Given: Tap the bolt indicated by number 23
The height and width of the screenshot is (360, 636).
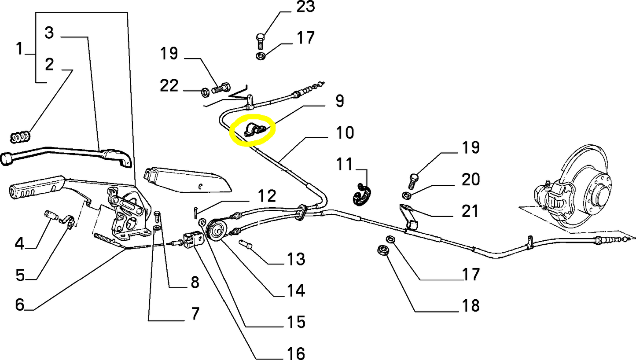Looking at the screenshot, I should click(x=260, y=43).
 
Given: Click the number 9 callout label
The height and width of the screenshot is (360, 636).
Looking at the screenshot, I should click(x=339, y=101).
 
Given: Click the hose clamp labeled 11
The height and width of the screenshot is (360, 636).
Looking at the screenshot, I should click(x=364, y=194).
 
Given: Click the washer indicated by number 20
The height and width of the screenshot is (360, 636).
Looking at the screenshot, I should click(x=407, y=195).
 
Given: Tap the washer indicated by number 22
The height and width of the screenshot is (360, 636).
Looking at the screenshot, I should click(x=205, y=92).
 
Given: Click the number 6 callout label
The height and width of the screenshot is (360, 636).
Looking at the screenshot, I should click(x=19, y=305).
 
